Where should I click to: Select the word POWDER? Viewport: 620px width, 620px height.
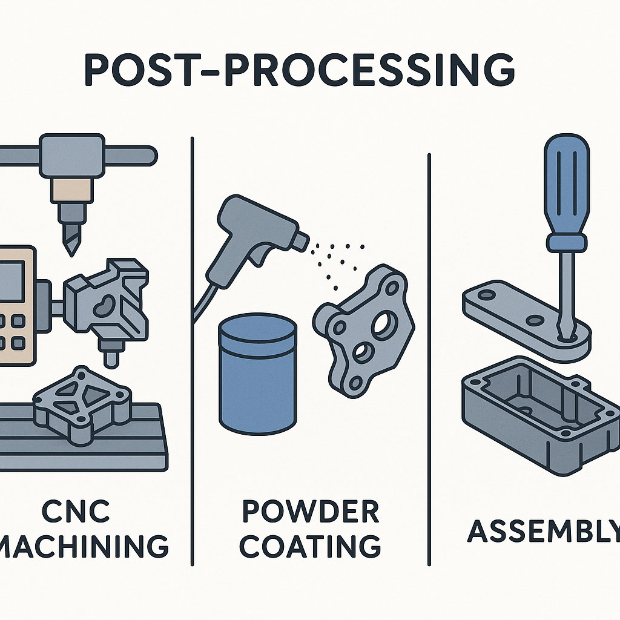310,512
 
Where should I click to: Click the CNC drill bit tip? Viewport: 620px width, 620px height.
68,245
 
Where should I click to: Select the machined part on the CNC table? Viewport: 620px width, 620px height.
83,403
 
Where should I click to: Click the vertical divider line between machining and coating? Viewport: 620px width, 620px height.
192,351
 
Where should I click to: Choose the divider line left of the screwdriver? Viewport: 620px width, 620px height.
429,357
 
